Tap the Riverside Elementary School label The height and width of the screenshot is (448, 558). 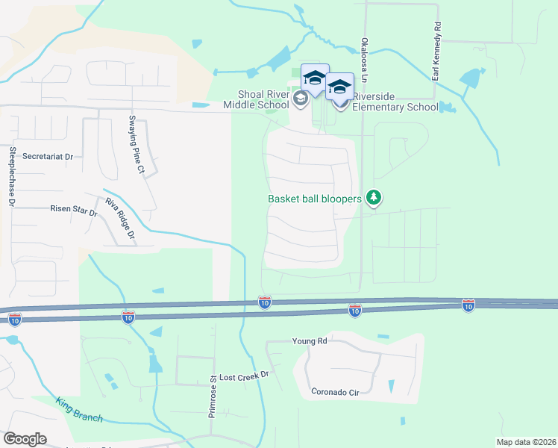pyautogui.click(x=395, y=102)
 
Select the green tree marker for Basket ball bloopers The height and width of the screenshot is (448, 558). pyautogui.click(x=374, y=198)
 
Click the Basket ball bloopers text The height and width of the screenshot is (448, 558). pyautogui.click(x=315, y=199)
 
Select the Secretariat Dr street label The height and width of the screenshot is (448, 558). pyautogui.click(x=48, y=157)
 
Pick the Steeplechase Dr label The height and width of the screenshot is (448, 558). pyautogui.click(x=12, y=176)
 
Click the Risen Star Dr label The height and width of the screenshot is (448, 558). pyautogui.click(x=74, y=211)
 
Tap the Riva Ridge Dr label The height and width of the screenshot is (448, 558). pyautogui.click(x=120, y=219)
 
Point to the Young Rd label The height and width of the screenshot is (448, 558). pyautogui.click(x=310, y=341)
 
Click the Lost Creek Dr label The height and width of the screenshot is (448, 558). pyautogui.click(x=244, y=377)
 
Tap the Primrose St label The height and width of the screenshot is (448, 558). pyautogui.click(x=212, y=395)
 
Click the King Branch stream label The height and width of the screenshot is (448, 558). pyautogui.click(x=78, y=410)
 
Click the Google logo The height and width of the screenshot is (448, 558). pyautogui.click(x=25, y=439)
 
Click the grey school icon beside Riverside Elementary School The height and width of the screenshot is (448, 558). pyautogui.click(x=342, y=102)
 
